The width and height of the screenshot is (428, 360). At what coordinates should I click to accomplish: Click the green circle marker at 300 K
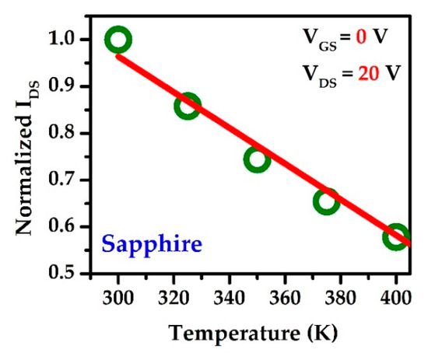tap(118, 40)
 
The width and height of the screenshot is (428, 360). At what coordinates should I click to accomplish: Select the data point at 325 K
tap(187, 106)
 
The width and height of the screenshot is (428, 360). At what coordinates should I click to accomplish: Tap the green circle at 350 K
tap(256, 159)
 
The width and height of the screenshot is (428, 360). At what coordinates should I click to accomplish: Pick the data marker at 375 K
tap(326, 201)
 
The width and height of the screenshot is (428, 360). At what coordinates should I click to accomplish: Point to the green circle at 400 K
tap(395, 237)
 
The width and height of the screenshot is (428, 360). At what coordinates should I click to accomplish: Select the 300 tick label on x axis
tap(118, 296)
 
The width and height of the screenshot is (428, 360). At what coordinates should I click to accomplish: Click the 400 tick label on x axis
tap(395, 296)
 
